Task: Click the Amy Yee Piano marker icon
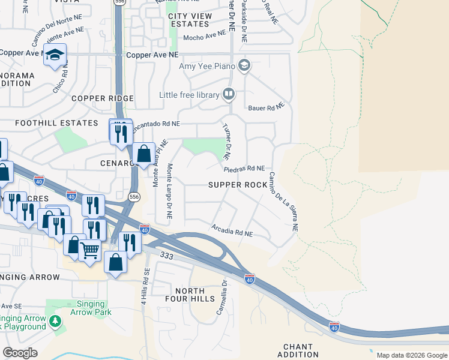coord(244,65)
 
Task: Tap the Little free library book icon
coord(228,94)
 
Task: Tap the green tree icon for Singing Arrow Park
coord(55,321)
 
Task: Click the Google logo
coord(20,353)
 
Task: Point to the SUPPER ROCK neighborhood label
coord(237,185)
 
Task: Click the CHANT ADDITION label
coord(298,350)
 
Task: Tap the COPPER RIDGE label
coord(102,98)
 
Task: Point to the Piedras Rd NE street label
coord(248,169)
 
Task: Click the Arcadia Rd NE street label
coord(232,229)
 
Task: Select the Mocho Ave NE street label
coord(203,37)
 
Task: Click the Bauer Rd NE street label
coord(265,107)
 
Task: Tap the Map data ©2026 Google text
coord(411,355)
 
